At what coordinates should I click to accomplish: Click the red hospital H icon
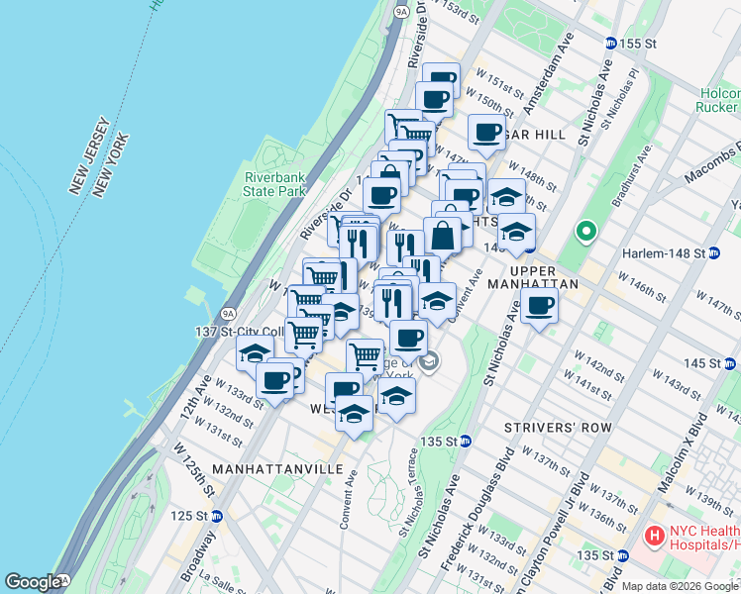click(654, 536)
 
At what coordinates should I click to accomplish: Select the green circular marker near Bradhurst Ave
click(586, 234)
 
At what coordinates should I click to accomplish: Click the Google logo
click(32, 582)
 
